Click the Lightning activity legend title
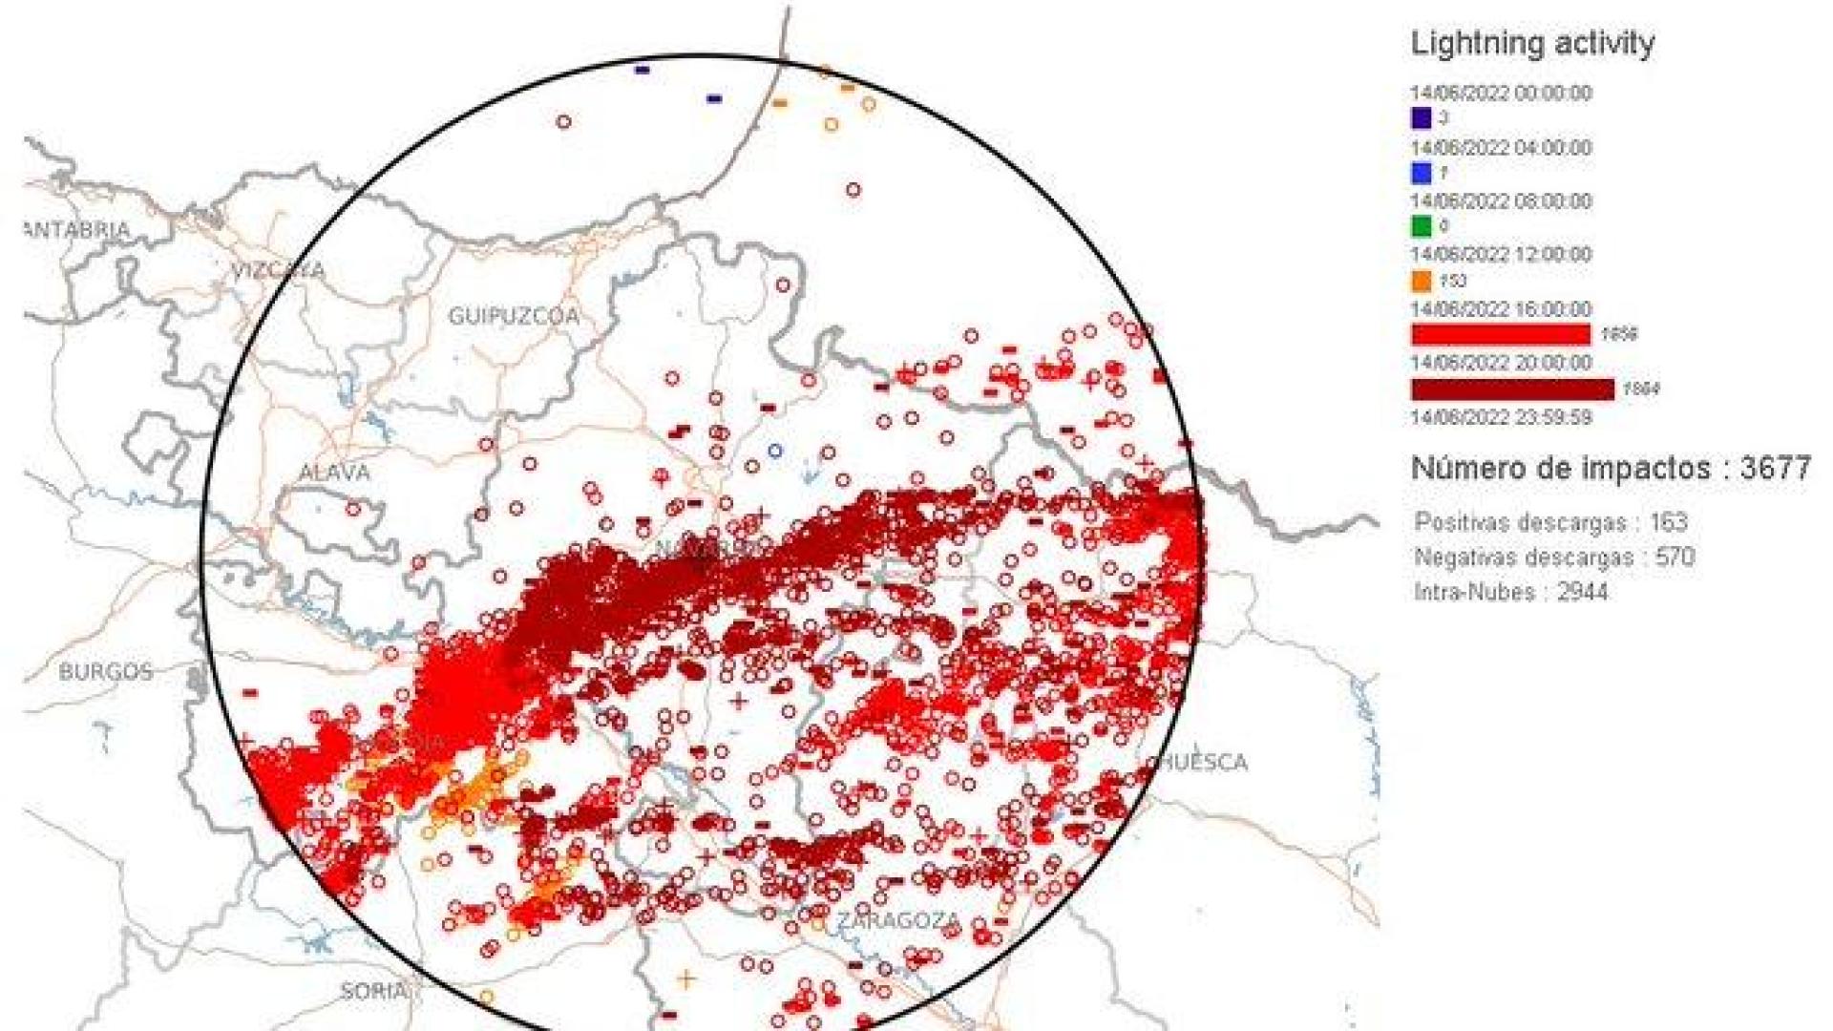[1531, 43]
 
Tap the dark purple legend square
[1422, 118]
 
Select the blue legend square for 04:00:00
[1422, 173]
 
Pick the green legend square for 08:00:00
[1422, 226]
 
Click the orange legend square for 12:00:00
[1422, 281]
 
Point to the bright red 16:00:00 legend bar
[1501, 334]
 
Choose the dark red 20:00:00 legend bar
[1512, 389]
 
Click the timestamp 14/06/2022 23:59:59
[1501, 417]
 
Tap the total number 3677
[1775, 468]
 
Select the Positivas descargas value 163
[1668, 522]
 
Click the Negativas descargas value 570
[1675, 557]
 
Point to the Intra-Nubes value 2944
[1582, 592]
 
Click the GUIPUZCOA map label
[514, 316]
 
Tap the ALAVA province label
[334, 473]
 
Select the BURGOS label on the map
[105, 671]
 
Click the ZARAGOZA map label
[898, 921]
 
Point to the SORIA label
[372, 992]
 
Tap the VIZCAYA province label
[278, 271]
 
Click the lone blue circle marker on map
[775, 451]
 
